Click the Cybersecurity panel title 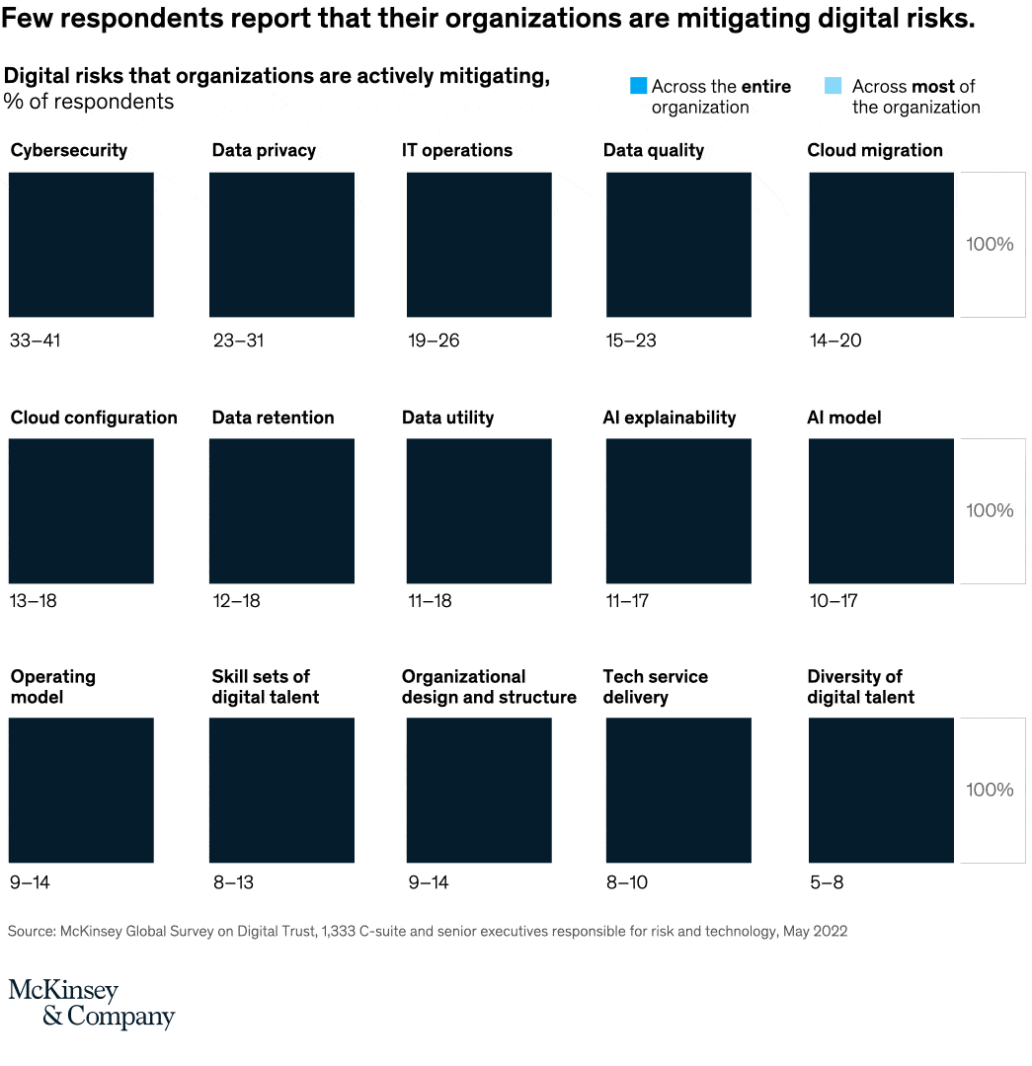69,151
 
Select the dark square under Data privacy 281,245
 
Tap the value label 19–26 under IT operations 434,341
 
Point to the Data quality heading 653,151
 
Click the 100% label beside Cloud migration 990,245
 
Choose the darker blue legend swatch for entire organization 638,87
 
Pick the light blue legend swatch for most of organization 833,87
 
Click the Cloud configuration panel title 94,418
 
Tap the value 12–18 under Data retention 237,600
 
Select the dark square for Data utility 479,511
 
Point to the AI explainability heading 670,418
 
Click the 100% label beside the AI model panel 990,511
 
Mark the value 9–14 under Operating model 30,882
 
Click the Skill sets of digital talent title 266,687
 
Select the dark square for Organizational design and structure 479,790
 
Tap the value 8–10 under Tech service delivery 627,882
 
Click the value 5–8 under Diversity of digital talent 827,882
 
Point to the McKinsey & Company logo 91,1004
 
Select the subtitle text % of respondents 89,102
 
